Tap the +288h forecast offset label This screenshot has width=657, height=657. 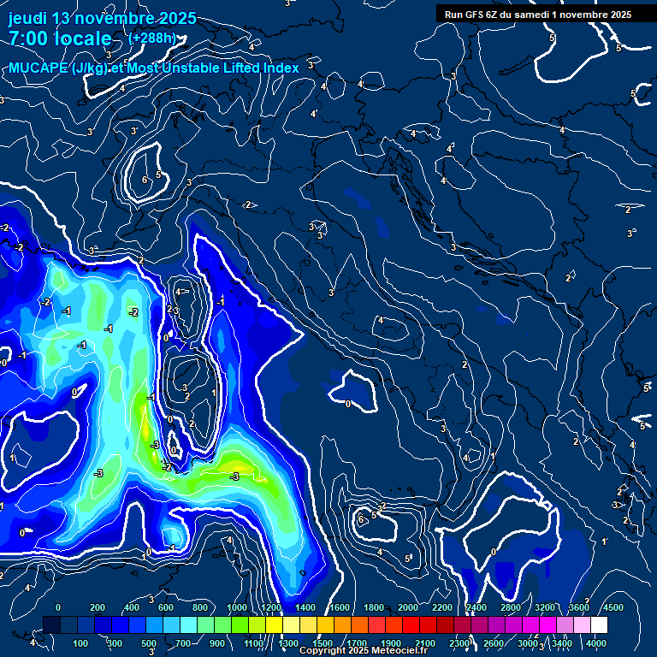(152, 38)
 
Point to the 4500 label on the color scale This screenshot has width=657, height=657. (614, 607)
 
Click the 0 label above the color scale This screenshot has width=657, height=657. (58, 607)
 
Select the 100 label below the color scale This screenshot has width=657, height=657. (82, 642)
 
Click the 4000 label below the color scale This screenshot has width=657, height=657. (596, 642)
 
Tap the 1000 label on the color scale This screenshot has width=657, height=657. (237, 607)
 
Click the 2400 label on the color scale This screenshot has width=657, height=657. (476, 607)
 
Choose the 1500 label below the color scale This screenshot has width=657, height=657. (323, 642)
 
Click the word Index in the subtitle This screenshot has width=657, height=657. (279, 68)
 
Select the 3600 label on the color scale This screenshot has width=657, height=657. (579, 607)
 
